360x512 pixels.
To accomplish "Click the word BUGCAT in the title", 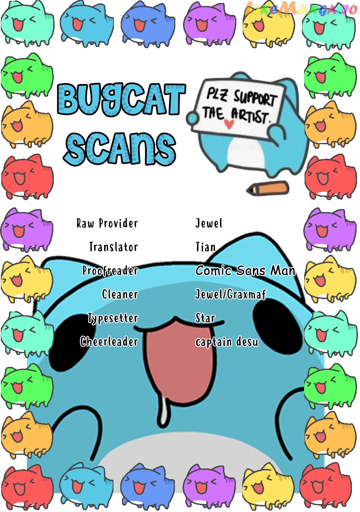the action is click(x=122, y=99).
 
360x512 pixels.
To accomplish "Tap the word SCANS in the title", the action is click(x=120, y=148).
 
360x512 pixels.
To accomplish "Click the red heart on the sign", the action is click(x=229, y=124).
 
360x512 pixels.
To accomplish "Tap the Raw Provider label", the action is click(x=107, y=223).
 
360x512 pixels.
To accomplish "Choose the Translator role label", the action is click(x=113, y=247).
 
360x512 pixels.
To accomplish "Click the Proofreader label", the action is click(x=110, y=271).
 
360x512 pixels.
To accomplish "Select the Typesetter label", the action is click(x=113, y=318).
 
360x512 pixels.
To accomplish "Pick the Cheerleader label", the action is click(x=109, y=342).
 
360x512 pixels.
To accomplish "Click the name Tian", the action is click(x=206, y=247).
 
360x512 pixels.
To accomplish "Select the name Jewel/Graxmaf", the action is click(x=231, y=294).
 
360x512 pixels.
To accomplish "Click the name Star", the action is click(x=205, y=318).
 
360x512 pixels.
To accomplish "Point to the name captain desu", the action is click(x=227, y=342).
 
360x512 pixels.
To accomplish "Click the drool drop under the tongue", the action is click(x=164, y=414).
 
